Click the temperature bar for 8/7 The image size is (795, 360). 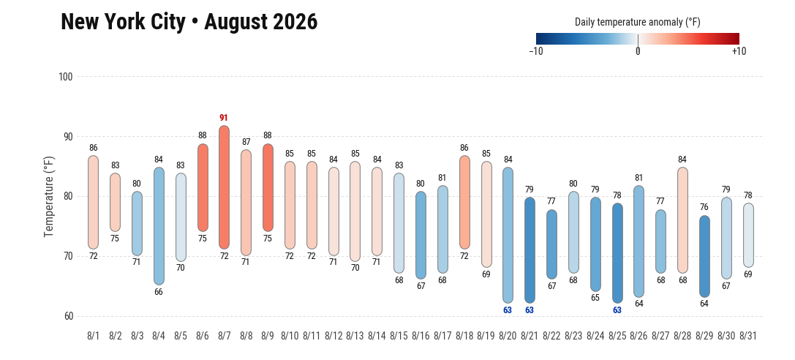224,187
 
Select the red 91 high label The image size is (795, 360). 224,118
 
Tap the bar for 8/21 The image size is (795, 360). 530,250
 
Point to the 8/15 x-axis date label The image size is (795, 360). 399,336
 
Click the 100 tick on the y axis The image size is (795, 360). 66,77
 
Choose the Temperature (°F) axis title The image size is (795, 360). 49,197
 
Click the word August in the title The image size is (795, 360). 236,22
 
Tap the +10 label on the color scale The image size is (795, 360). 739,51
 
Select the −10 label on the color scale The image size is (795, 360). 536,51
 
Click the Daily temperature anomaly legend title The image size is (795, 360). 637,22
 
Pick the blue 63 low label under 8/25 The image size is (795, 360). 617,310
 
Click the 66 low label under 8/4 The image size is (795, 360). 159,292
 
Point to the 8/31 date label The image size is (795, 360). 748,336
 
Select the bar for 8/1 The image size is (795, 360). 94,202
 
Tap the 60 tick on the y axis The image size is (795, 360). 67,316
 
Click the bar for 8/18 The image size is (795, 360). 464,202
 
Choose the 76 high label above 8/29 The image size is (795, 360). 704,207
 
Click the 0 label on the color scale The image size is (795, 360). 637,51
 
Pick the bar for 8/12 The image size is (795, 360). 334,211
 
